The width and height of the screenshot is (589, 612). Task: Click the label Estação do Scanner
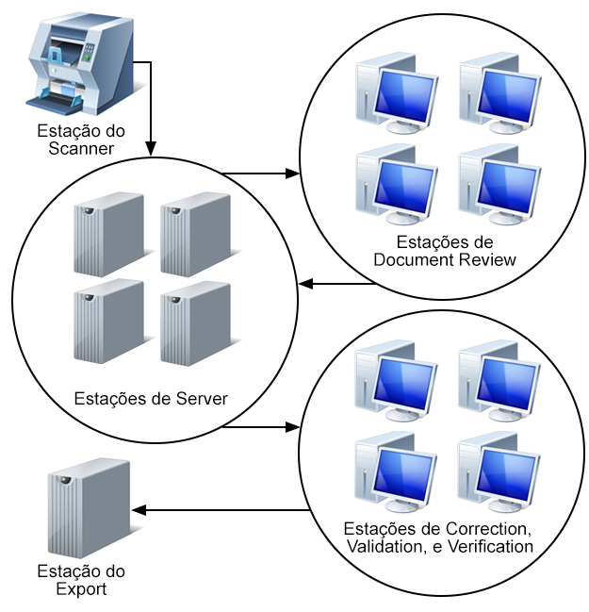(81, 140)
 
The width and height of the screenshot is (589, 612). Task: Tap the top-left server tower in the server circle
(108, 233)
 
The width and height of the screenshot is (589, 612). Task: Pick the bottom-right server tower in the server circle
(195, 322)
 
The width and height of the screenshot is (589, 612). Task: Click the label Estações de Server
(151, 398)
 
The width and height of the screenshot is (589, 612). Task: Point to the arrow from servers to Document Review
(260, 174)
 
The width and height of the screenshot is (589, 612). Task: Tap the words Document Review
(445, 259)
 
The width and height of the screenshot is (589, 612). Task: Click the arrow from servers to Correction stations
(260, 427)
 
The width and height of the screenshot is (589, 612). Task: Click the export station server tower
(89, 506)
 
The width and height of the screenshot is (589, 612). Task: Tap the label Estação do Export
(81, 581)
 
